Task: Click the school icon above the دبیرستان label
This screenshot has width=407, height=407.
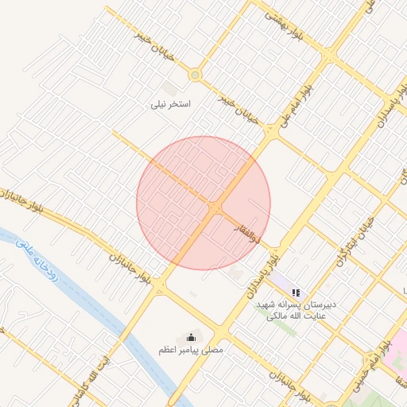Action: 296,293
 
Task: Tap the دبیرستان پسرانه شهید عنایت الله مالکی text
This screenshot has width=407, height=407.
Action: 296,310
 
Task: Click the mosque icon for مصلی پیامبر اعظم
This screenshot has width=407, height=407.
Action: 190,337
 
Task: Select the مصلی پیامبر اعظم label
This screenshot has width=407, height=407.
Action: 191,350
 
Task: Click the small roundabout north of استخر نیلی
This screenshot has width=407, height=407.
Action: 195,75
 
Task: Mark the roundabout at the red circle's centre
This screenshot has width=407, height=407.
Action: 215,207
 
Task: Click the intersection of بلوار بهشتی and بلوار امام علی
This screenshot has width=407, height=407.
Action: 328,56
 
